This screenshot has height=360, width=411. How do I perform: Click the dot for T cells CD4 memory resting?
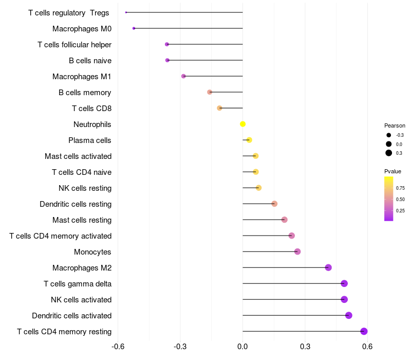(364, 331)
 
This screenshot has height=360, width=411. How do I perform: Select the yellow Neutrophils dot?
(242, 124)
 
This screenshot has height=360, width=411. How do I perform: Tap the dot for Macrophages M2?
(328, 267)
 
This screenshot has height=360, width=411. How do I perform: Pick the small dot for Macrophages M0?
(134, 28)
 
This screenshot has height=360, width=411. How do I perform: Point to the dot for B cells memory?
(210, 92)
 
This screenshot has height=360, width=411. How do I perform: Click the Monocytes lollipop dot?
(297, 251)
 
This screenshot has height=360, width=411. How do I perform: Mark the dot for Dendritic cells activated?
(349, 315)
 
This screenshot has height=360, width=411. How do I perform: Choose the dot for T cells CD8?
(219, 108)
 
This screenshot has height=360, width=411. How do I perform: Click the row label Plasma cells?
(89, 140)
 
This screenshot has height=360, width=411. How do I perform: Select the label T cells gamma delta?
(77, 283)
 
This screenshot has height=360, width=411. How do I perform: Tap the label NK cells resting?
(85, 188)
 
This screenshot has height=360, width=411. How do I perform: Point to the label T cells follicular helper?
(74, 45)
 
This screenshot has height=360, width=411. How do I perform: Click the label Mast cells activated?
(78, 156)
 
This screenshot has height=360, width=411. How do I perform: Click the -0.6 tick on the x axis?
(118, 347)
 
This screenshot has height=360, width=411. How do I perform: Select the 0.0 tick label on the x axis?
(242, 347)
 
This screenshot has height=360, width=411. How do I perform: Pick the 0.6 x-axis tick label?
(367, 347)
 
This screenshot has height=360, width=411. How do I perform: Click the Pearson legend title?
(395, 125)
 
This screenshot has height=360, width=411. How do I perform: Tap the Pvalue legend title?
(393, 171)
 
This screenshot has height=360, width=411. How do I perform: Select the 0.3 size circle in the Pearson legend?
(389, 153)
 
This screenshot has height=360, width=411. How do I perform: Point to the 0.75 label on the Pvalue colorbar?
(400, 188)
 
